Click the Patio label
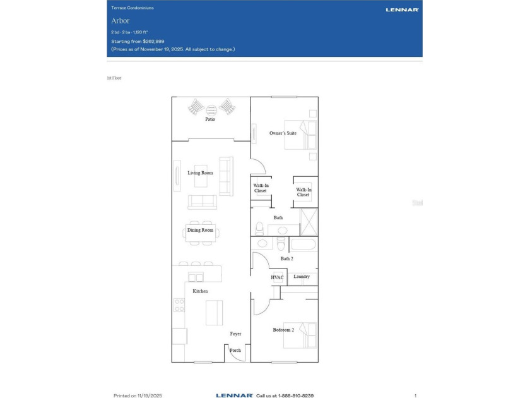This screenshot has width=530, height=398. pos(210,119)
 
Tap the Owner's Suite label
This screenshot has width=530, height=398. pos(283,133)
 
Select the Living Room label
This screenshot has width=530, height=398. pos(200,172)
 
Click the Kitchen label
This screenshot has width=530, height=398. pos(200,291)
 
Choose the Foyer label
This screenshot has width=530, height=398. pos(235,334)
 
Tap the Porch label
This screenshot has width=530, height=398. pos(235,350)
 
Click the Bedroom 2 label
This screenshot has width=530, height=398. pos(283,330)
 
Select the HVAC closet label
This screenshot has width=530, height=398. pos(277,277)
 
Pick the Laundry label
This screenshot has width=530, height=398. pos(302,277)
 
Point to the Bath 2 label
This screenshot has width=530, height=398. pos(286,258)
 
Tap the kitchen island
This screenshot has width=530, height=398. pos(215,312)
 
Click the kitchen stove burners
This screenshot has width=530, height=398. pos(179,305)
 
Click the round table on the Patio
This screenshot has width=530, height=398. pos(211,108)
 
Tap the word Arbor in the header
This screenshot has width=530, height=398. pos(120,21)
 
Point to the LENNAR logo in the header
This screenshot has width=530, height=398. pos(402,9)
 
